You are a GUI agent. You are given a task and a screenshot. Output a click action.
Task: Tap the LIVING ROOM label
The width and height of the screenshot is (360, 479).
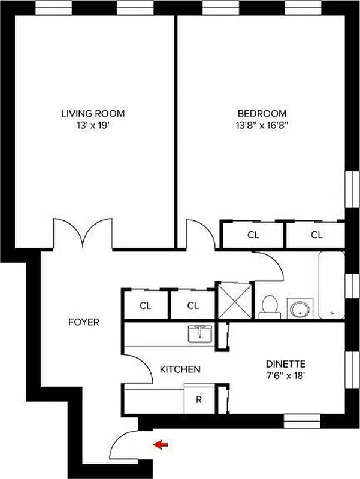[x=93, y=113]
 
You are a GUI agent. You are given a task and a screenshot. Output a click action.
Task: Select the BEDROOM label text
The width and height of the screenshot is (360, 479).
[x=262, y=113]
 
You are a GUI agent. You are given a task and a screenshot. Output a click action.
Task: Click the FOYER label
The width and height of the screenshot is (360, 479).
[x=83, y=322]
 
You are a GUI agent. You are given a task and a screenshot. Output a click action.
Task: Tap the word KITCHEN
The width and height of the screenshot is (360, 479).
[x=180, y=369]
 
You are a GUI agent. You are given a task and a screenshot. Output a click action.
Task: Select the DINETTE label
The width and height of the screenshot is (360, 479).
[x=286, y=363]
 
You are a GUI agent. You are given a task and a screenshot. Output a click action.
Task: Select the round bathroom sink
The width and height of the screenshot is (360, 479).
[x=300, y=309]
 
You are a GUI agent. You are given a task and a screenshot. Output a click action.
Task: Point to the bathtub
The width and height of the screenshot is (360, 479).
[x=331, y=286]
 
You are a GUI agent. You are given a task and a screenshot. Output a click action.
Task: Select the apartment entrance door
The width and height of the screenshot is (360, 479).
[x=126, y=444]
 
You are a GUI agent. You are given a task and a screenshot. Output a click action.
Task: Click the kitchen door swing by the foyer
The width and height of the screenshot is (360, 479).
[x=138, y=366]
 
